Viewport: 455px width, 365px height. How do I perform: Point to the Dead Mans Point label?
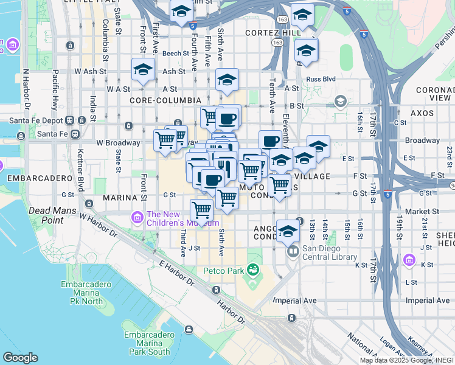[x=46, y=215]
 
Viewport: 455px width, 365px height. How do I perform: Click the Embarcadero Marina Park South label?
[x=147, y=343]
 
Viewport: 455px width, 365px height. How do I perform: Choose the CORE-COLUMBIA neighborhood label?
[x=165, y=100]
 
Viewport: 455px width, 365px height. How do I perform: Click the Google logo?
[x=19, y=358]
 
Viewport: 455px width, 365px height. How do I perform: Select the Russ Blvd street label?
[x=321, y=79]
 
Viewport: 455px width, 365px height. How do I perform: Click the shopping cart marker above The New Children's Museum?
[x=201, y=210]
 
